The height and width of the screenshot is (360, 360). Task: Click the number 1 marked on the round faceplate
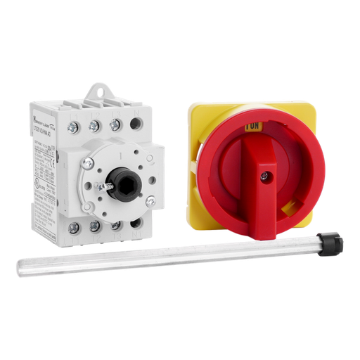click(124, 150)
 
